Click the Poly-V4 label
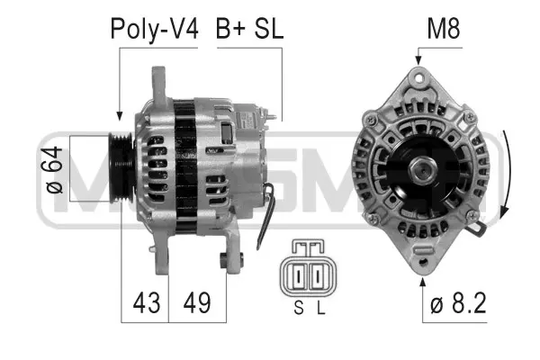tap(153, 29)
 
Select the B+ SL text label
tap(249, 29)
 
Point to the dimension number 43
tap(144, 301)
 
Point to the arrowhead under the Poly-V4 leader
tap(120, 115)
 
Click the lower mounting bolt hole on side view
tap(226, 261)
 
